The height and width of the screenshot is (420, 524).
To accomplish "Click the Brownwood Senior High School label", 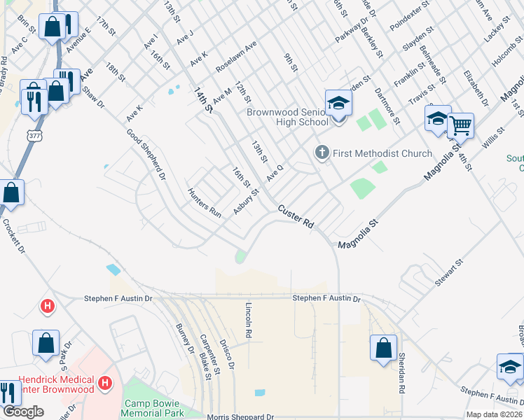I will (x=287, y=117).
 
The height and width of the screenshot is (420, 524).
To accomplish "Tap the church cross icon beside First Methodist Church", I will (x=322, y=153).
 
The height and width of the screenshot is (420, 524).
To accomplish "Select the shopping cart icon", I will (x=460, y=126).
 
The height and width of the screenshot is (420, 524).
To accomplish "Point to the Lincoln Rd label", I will (x=248, y=321).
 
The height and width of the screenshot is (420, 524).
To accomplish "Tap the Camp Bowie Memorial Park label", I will (x=152, y=408).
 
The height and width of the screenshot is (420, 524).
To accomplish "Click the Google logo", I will (x=23, y=412).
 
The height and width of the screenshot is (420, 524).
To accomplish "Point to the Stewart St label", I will (x=449, y=273).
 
